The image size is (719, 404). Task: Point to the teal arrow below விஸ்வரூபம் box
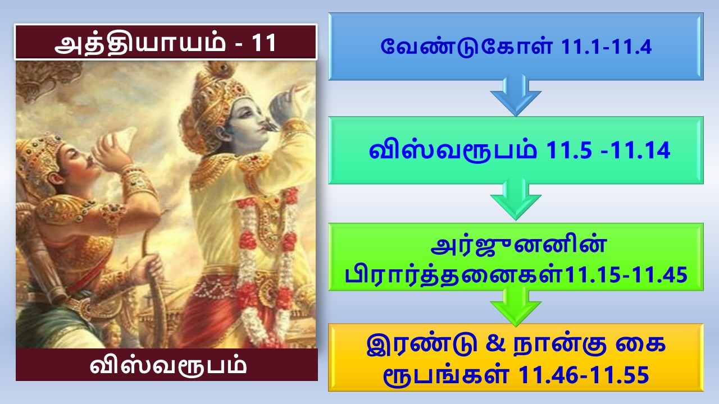[516, 199]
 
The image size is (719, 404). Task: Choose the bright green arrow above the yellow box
[516, 306]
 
